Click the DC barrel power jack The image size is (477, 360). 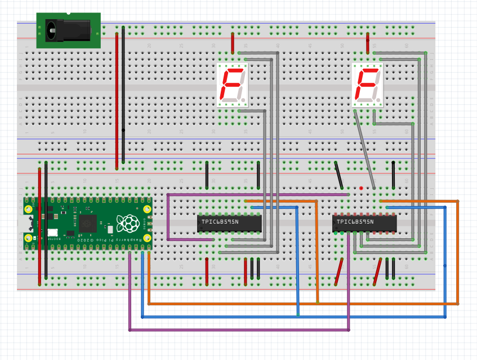68,29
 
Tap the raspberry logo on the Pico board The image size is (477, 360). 128,223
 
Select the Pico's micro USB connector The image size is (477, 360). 27,224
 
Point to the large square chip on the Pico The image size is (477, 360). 87,223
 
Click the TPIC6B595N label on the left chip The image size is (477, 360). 220,222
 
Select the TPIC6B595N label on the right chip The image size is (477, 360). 355,222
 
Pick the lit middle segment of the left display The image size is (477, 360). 231,84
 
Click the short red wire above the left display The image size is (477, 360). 233,43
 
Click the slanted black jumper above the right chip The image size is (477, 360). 339,175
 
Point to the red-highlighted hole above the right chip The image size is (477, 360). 361,188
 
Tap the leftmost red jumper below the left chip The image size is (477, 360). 207,271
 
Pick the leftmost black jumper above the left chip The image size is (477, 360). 207,175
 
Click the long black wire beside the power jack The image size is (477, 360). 123,93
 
